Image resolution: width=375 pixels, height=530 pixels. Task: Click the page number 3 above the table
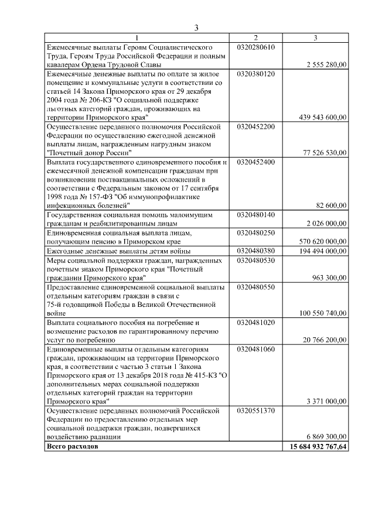tap(197, 27)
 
